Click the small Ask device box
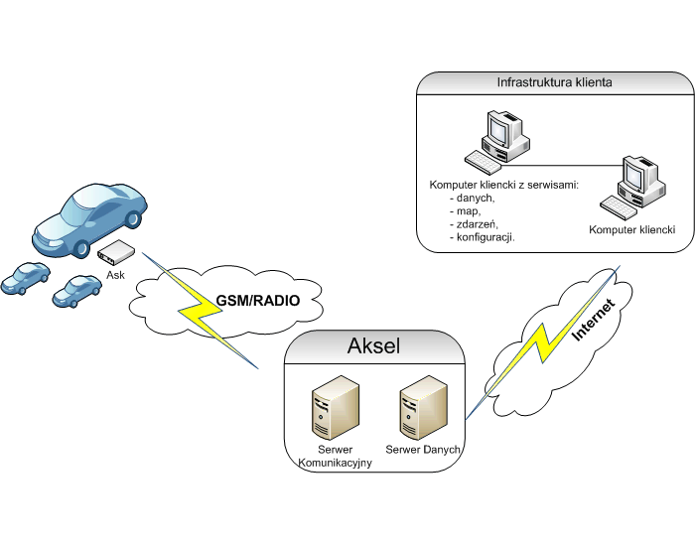point(115,253)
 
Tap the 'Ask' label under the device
point(115,275)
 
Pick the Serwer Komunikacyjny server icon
point(329,413)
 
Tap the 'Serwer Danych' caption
point(423,450)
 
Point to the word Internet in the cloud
point(595,321)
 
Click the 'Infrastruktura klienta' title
point(553,82)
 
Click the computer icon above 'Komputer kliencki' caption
point(631,184)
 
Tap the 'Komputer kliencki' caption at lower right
point(631,229)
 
